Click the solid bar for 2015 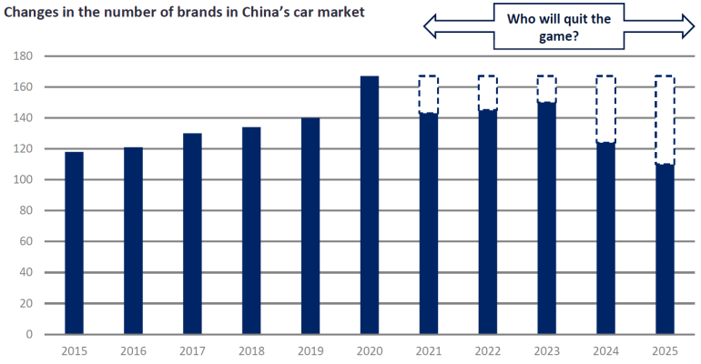[x=74, y=243]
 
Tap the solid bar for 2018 [x=251, y=230]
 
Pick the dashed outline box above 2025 [x=665, y=119]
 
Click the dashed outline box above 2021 [x=428, y=95]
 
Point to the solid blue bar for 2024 [x=605, y=238]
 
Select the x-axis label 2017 [x=192, y=350]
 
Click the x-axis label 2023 [x=546, y=350]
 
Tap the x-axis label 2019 [x=310, y=350]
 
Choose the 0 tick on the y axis [x=29, y=335]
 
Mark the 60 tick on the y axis [x=26, y=242]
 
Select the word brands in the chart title [x=187, y=12]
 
